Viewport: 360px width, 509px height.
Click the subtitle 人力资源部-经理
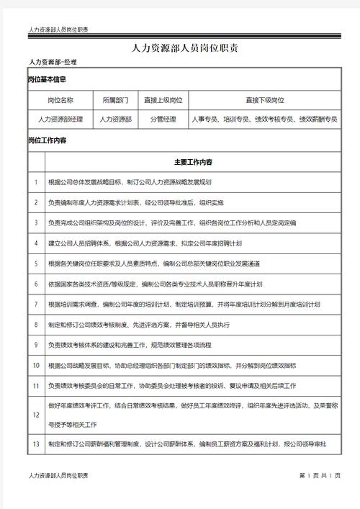coord(53,63)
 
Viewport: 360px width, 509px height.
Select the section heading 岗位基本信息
coord(47,79)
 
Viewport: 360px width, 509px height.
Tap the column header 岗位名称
coord(60,100)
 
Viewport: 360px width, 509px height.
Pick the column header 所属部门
coord(115,100)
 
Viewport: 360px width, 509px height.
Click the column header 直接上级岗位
coord(163,100)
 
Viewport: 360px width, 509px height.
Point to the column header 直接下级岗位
coord(264,100)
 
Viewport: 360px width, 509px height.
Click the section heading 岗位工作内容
coord(47,141)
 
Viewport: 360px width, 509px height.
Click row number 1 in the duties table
coord(35,183)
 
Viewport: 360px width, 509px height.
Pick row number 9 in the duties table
coord(35,346)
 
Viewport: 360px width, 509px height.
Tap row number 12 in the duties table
coord(35,416)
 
